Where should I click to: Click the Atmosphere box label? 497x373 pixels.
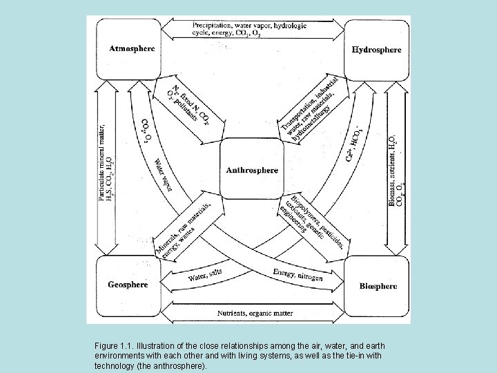[x=133, y=48]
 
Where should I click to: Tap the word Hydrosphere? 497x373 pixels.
[x=376, y=50]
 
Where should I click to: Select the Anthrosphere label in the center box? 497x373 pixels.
[x=253, y=170]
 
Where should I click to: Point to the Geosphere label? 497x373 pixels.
[x=128, y=285]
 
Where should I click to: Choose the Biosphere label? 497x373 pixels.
[x=378, y=286]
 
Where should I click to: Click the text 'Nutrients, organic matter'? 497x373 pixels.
[x=255, y=313]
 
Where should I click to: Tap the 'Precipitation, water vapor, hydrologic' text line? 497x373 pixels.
[x=251, y=26]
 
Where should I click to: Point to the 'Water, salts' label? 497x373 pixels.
[x=205, y=274]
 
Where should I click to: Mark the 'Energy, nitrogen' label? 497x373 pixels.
[x=298, y=274]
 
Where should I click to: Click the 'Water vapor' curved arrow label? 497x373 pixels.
[x=162, y=175]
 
